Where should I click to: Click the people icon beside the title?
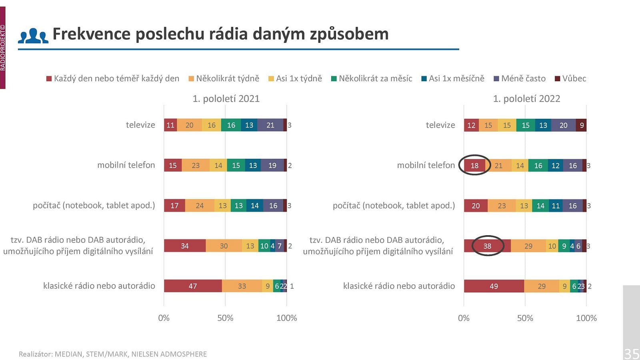[x=33, y=36]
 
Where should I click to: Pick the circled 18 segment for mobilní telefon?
[x=474, y=165]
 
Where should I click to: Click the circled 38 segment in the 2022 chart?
[x=487, y=246]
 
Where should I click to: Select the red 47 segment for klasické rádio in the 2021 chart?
[x=193, y=286]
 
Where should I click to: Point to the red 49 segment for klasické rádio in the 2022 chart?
[x=494, y=286]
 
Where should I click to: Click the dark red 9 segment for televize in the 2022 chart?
[x=581, y=125]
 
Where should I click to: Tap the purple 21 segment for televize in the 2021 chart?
[x=270, y=125]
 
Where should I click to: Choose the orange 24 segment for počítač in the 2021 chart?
[x=200, y=206]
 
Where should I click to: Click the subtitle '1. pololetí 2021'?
[x=226, y=98]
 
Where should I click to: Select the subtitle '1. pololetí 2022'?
[x=526, y=98]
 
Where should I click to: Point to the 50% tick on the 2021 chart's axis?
[x=225, y=318]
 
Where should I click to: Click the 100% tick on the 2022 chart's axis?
[x=586, y=318]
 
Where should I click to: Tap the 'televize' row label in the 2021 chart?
[x=140, y=125]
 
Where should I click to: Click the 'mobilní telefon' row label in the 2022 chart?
[x=426, y=165]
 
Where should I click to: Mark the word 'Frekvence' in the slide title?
[x=91, y=34]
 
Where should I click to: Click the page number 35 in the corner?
[x=631, y=353]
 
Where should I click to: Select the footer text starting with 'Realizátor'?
[x=113, y=354]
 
